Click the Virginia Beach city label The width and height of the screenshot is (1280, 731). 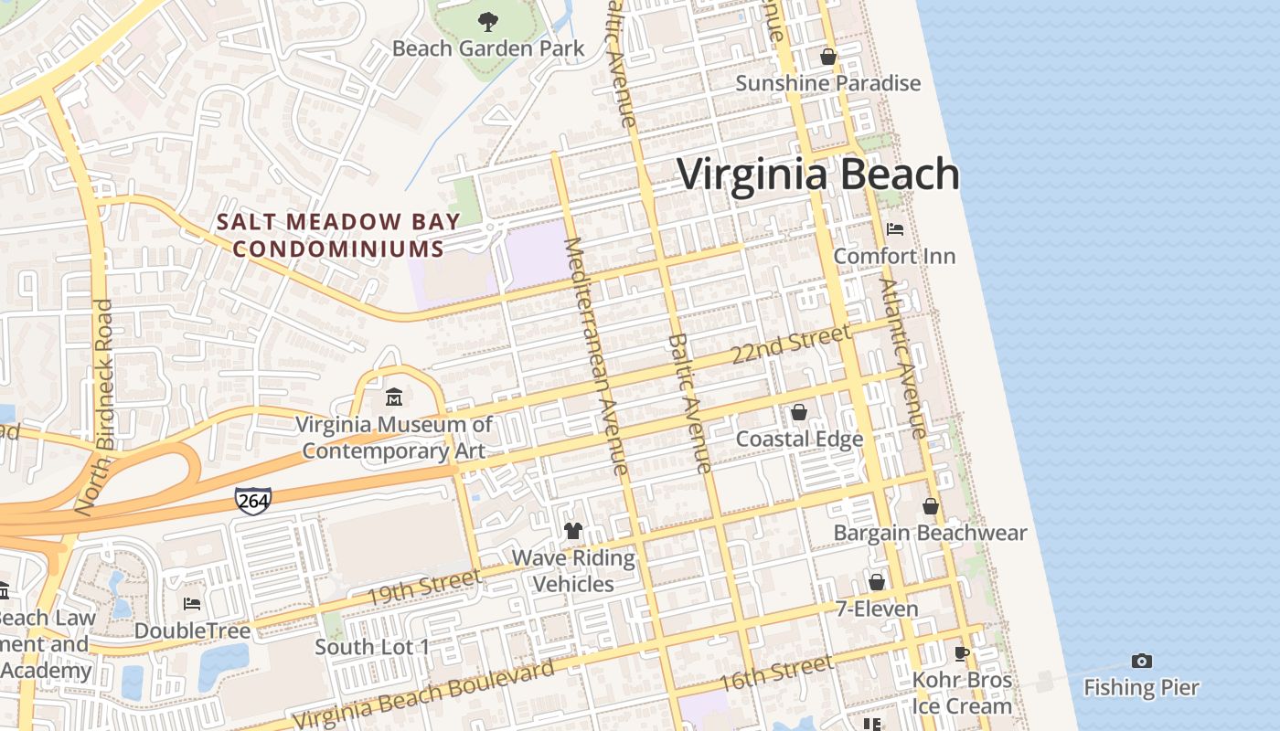tap(818, 174)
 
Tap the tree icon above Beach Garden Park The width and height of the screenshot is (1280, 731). tap(488, 20)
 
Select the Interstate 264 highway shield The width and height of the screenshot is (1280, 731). tap(252, 500)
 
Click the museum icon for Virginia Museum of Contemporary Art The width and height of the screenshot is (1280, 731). tap(394, 397)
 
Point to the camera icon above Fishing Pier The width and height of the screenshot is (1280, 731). tap(1141, 661)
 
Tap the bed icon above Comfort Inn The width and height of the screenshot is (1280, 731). tap(894, 228)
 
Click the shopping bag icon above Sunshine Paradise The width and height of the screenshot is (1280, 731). tap(828, 57)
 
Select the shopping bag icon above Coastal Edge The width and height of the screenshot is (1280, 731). tap(799, 412)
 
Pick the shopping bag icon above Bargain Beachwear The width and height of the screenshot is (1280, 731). tap(930, 506)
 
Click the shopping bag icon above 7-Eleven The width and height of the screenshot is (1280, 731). tap(876, 582)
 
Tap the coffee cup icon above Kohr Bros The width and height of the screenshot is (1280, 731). tap(961, 653)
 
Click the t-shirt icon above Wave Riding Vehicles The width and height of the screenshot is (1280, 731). tap(573, 530)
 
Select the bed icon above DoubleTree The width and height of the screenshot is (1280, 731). tap(192, 604)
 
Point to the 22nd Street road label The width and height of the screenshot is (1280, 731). tap(792, 344)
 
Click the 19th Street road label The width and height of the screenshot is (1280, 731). tap(423, 587)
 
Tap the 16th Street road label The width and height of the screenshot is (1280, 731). tap(775, 673)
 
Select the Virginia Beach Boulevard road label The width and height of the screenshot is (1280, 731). tap(423, 695)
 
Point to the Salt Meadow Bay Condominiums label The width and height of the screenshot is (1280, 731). tap(338, 235)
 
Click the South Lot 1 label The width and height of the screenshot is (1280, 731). tap(372, 647)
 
